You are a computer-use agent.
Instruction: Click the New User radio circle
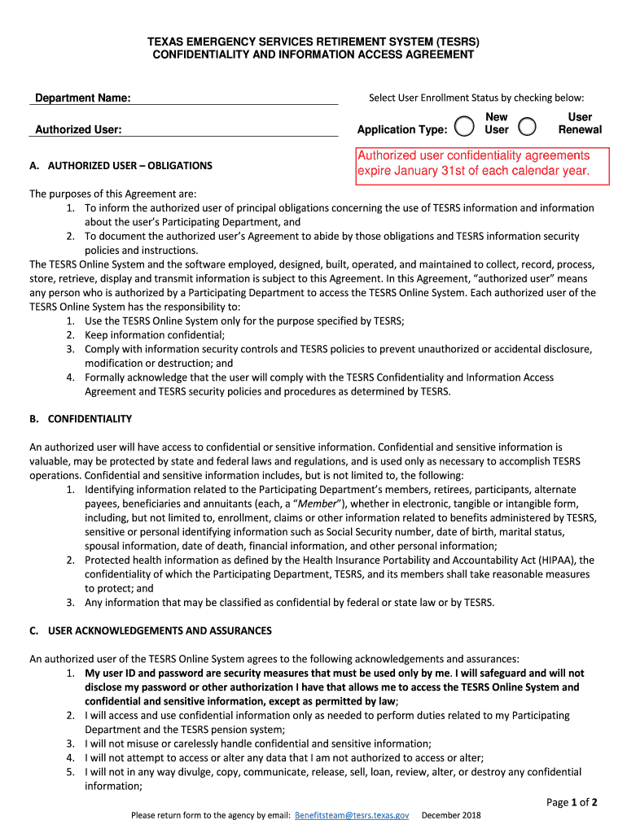coord(464,126)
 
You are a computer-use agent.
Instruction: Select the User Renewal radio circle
coord(528,126)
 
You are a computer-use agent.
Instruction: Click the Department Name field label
coord(83,98)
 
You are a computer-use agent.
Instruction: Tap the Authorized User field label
coord(79,129)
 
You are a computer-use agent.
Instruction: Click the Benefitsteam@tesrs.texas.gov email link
coord(352,814)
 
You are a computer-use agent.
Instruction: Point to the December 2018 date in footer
coord(451,814)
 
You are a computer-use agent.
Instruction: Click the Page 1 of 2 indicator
coord(572,802)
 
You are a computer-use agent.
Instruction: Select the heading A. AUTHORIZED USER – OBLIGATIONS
coord(121,165)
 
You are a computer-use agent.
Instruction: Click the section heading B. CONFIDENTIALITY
coord(81,419)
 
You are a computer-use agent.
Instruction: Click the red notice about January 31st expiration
coord(473,164)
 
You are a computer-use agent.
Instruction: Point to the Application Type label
coord(402,129)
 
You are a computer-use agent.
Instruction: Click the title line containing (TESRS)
coord(313,41)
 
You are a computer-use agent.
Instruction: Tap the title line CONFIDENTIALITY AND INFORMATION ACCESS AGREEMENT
coord(313,55)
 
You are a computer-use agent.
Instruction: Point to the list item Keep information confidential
coord(155,334)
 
